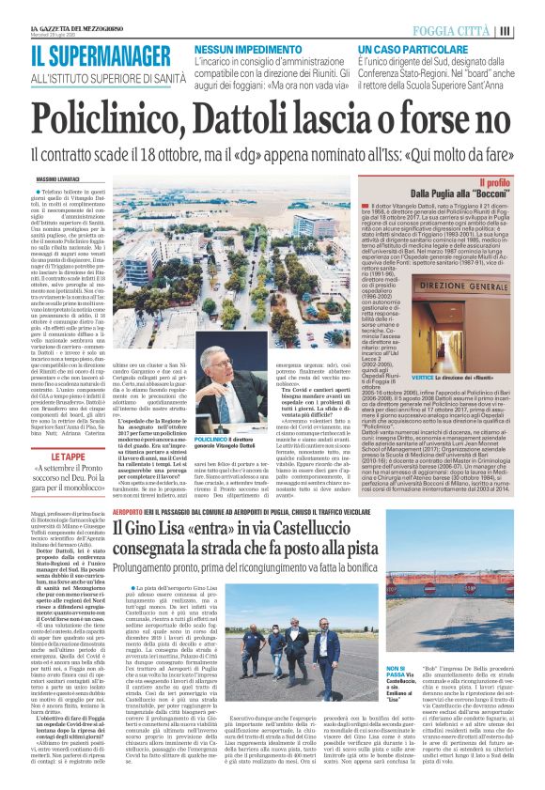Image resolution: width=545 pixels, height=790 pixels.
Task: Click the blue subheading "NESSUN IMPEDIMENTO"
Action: (x=240, y=47)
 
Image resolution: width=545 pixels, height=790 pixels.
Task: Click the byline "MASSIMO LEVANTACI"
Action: (x=58, y=178)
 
